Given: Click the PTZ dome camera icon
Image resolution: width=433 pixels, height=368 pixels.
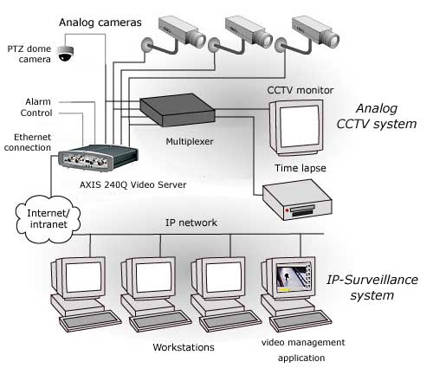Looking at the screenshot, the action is pos(66,54).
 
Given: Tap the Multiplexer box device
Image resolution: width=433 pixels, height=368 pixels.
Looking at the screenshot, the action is pos(178,110).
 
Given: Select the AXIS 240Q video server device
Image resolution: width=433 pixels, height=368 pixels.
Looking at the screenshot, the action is pos(98,158).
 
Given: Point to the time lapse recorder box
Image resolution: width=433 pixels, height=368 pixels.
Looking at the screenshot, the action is pos(297,200).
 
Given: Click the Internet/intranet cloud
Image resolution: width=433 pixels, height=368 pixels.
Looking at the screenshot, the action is pos(48,219).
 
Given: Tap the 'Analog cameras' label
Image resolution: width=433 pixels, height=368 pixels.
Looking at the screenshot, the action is pos(100,23).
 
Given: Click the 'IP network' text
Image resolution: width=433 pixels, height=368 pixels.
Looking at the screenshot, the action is pos(191,223).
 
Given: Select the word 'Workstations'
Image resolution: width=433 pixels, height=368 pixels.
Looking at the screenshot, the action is pos(184,347).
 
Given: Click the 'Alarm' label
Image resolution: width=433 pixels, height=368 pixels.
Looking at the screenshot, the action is pos(38,101).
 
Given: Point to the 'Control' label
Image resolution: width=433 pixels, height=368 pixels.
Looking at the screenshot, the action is pos(36,113).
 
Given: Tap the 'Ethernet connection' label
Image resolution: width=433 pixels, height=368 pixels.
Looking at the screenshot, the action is pos(28,142).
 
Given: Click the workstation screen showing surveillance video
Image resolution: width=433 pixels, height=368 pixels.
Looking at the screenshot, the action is pos(294,278).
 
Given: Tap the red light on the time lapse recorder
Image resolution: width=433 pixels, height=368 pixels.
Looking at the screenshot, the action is pos(288,210).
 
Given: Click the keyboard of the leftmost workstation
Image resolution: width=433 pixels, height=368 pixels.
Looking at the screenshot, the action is pos(90,321).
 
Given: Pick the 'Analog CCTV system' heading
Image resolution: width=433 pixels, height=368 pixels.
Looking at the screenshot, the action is pos(377,116).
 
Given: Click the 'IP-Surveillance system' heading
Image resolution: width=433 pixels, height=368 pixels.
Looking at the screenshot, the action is pos(372,287).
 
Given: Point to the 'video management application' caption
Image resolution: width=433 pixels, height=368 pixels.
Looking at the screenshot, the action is pos(302,350).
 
